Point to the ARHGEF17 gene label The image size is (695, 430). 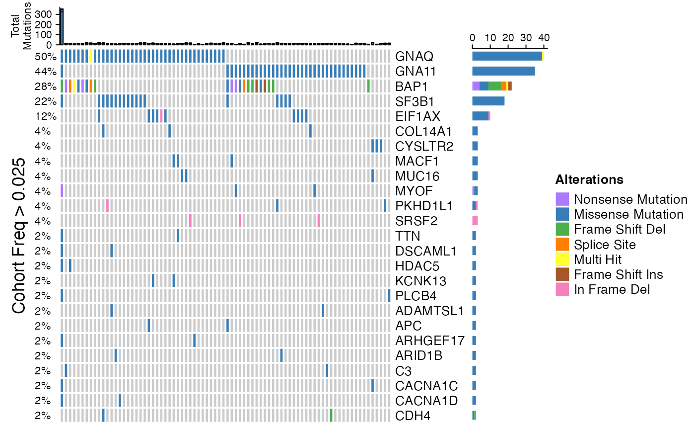(430, 341)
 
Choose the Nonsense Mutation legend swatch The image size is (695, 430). (562, 199)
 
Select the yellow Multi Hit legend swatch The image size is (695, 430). (562, 259)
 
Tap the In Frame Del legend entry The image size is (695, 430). (612, 289)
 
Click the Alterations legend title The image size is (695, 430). (589, 179)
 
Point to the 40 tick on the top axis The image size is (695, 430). (544, 38)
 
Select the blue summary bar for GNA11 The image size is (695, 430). (503, 71)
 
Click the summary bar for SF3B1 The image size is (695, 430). (488, 101)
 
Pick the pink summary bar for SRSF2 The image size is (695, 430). (475, 220)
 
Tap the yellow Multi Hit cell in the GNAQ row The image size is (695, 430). (91, 56)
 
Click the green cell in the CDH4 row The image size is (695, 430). (331, 415)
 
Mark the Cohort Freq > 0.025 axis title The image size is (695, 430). (19, 236)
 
